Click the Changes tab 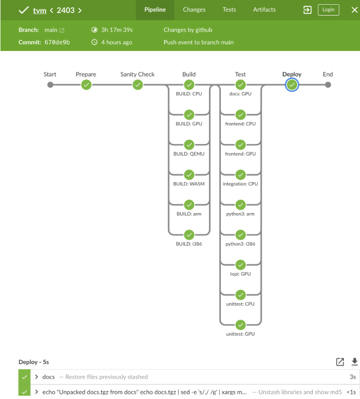[x=194, y=9]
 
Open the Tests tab [x=229, y=9]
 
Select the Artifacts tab [x=264, y=9]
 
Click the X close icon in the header [x=354, y=9]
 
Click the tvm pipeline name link [x=40, y=10]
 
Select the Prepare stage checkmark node [x=86, y=85]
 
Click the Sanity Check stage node [x=137, y=85]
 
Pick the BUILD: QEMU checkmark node [x=189, y=145]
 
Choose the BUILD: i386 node [x=189, y=234]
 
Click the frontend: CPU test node [x=241, y=115]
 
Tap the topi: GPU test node [x=241, y=265]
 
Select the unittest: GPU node [x=241, y=324]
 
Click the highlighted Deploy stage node [x=292, y=85]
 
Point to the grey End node [x=328, y=85]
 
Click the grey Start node [x=50, y=85]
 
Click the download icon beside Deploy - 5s [x=354, y=362]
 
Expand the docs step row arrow [x=37, y=377]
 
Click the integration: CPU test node [x=241, y=175]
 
